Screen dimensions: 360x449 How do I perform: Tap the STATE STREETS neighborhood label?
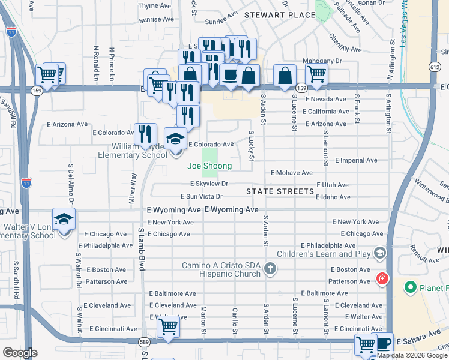(280, 191)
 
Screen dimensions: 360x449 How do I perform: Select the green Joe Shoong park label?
(209, 166)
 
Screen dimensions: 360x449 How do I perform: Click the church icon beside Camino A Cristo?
(270, 268)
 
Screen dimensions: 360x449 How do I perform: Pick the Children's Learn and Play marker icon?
(379, 254)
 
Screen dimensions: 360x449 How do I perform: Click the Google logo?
(20, 353)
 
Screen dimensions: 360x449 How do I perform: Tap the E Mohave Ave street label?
(292, 172)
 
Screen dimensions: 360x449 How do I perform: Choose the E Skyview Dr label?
(209, 184)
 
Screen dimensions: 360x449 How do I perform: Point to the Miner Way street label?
(133, 187)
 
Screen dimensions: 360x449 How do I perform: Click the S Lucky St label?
(252, 146)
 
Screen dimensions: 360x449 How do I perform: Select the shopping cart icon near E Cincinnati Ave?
(169, 327)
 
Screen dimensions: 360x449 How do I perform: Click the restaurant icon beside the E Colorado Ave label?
(145, 134)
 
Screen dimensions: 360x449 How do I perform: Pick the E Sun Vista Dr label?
(202, 196)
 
